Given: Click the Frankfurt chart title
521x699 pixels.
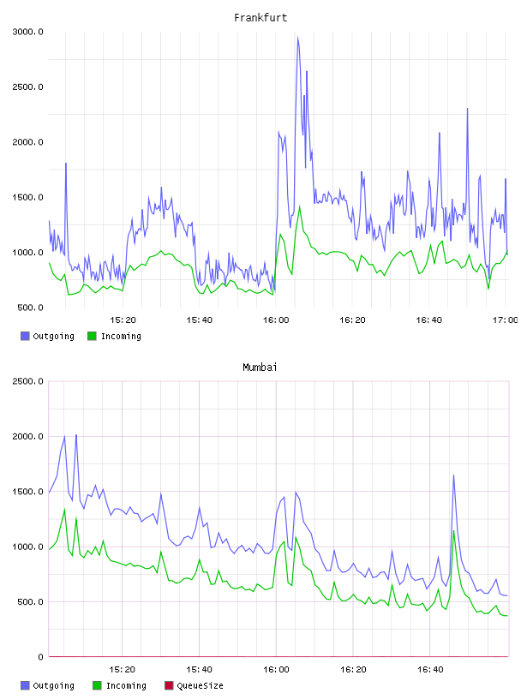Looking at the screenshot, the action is (x=260, y=18).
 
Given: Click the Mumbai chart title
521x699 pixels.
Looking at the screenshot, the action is (x=260, y=367).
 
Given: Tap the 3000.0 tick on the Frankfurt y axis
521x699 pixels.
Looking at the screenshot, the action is (x=27, y=32).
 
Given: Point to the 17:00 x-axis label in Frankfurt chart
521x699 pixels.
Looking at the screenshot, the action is (x=506, y=320).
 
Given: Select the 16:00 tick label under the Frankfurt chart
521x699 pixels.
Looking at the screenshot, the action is (x=276, y=320).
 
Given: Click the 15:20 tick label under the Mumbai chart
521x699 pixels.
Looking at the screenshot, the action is (x=123, y=669).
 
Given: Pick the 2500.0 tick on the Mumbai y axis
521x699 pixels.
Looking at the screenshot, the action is (x=27, y=381).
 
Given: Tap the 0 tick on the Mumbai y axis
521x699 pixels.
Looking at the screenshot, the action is (x=40, y=657).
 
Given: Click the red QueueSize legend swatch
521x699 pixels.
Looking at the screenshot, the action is (x=169, y=685).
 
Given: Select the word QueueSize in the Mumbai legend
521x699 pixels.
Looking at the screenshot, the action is (x=201, y=685).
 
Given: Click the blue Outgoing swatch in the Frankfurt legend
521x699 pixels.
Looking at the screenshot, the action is (x=25, y=336).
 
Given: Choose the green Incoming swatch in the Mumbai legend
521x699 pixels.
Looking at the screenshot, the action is (x=97, y=685).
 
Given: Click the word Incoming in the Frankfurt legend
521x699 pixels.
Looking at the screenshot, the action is (x=122, y=336).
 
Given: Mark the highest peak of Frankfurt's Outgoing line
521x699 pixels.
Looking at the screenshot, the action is (x=297, y=37).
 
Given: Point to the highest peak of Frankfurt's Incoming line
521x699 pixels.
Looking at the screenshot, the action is (x=299, y=206).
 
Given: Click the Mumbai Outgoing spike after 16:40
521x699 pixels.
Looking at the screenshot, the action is (x=453, y=475).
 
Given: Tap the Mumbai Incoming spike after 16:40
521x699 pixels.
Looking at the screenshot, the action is (x=453, y=530).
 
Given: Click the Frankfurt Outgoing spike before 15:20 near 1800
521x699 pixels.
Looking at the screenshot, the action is (x=66, y=164).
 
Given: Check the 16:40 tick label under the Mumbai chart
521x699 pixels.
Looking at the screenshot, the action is (x=430, y=669).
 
